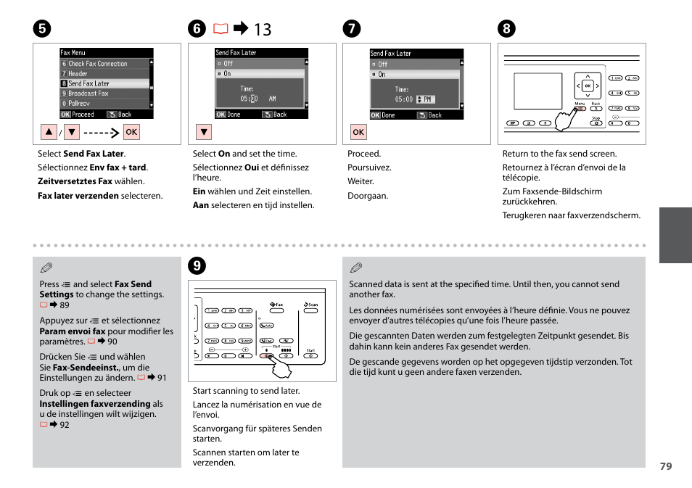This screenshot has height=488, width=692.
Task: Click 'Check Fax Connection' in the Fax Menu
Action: click(x=97, y=64)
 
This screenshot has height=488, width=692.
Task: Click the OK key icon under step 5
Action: click(x=131, y=132)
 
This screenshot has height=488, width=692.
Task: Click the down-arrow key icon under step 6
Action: click(x=204, y=132)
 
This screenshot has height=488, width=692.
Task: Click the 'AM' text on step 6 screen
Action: click(x=273, y=99)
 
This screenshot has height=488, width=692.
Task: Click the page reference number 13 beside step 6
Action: click(x=263, y=29)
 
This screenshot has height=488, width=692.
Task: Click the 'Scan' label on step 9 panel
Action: click(x=311, y=305)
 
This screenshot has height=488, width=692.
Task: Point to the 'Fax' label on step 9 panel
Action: click(x=276, y=305)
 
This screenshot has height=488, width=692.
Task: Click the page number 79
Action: click(x=666, y=466)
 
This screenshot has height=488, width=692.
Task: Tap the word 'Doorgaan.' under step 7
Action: click(x=368, y=196)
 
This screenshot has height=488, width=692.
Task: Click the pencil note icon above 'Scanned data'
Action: click(x=355, y=268)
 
